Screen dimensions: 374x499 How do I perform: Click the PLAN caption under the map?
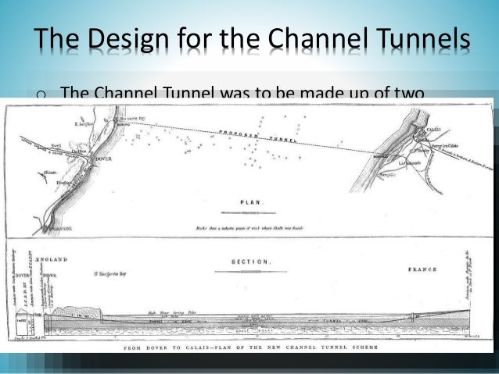point(251,201)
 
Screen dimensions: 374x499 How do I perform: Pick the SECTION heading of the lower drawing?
point(250,262)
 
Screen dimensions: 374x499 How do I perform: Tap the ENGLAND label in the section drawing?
point(52,259)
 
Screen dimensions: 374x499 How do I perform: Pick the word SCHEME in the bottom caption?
point(359,345)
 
